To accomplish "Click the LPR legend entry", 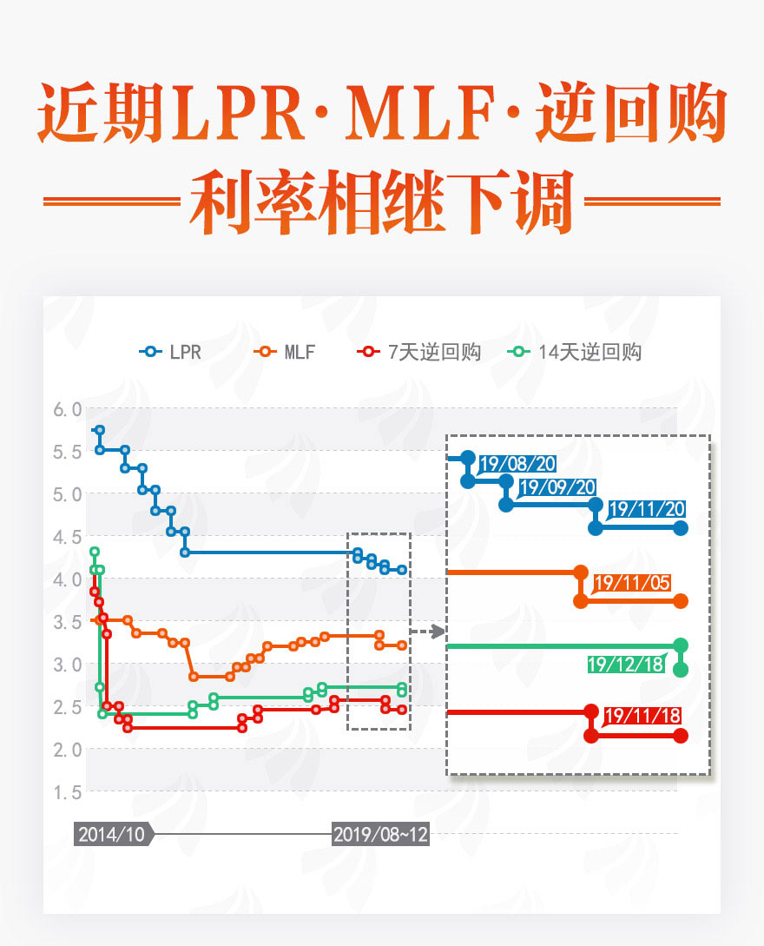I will (171, 352).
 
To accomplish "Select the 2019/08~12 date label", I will (380, 834).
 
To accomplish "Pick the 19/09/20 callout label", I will (557, 487).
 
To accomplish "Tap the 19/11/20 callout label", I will (647, 509).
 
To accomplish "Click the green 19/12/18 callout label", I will (625, 665).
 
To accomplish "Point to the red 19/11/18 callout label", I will (642, 717).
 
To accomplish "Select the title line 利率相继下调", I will (382, 202).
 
